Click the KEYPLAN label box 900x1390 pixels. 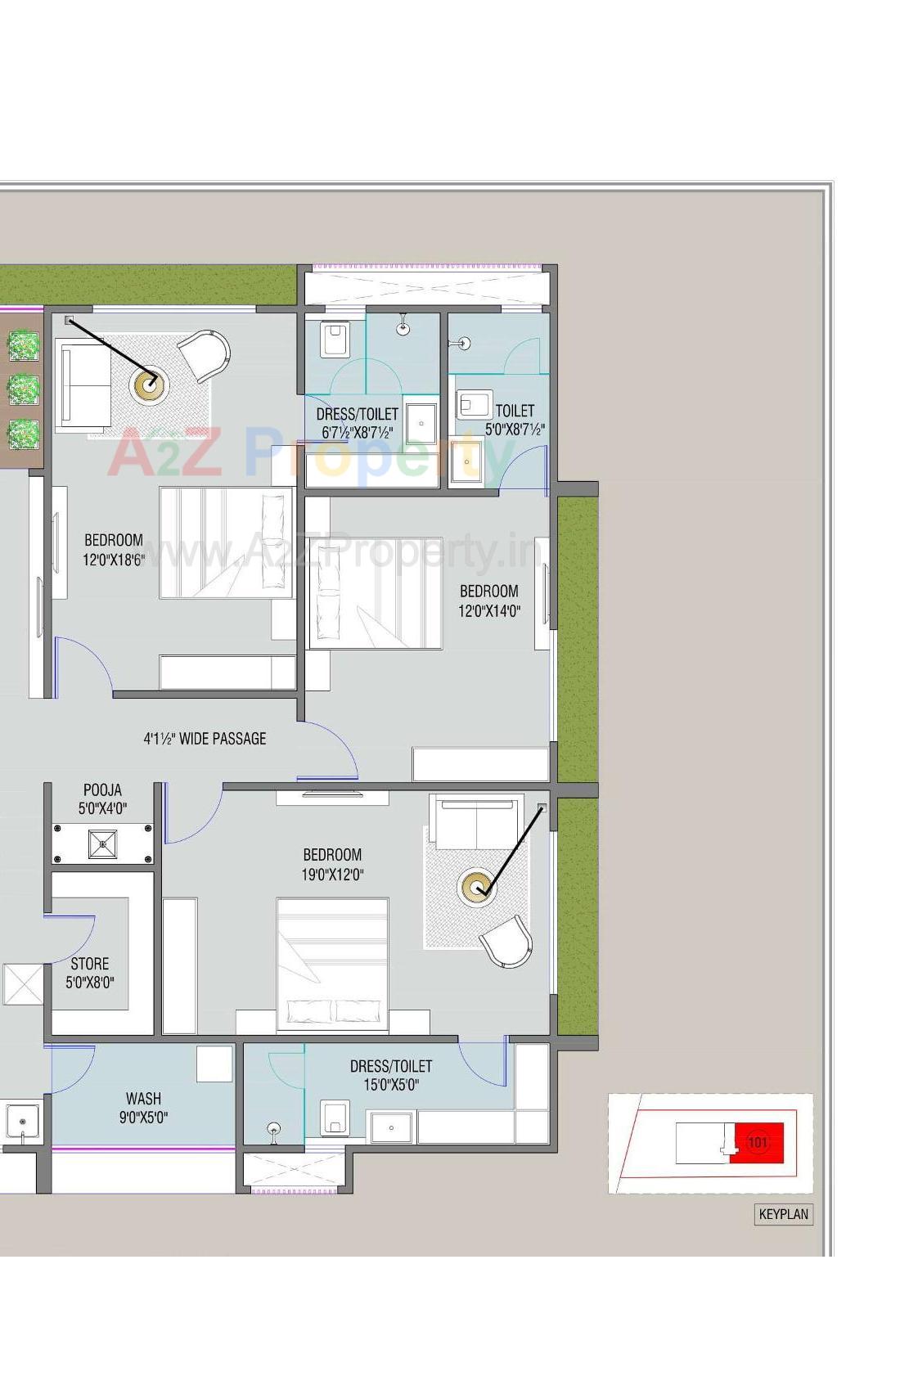pos(783,1214)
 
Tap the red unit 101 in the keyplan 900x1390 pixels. pos(758,1142)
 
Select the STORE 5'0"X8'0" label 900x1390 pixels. pos(90,973)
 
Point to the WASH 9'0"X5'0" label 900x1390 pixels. pos(143,1108)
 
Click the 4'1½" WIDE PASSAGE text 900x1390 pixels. pos(205,739)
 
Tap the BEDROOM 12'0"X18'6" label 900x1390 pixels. pos(114,550)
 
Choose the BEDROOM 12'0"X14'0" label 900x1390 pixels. pos(488,601)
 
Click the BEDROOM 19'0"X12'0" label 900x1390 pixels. pos(332,864)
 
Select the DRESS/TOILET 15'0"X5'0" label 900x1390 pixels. pos(391,1075)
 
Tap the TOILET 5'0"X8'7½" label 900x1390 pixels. pos(515,419)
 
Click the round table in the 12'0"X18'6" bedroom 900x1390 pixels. pos(150,385)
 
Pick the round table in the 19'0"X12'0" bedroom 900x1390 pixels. pos(476,887)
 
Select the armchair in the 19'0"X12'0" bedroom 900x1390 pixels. pos(507,941)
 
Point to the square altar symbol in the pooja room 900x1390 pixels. pos(102,843)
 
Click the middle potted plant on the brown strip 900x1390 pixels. pos(23,389)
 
